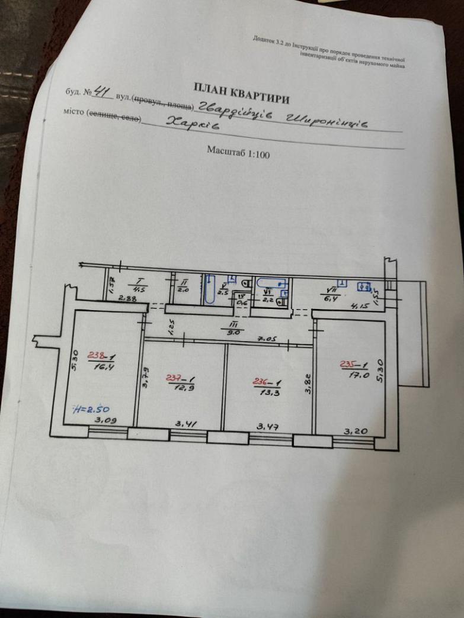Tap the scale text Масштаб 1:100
pos(238,152)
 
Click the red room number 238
pos(96,356)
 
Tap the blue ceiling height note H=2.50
pos(89,409)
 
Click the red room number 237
pos(174,377)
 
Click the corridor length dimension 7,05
pos(264,339)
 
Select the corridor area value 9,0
pos(229,332)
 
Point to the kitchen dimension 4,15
pos(359,307)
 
